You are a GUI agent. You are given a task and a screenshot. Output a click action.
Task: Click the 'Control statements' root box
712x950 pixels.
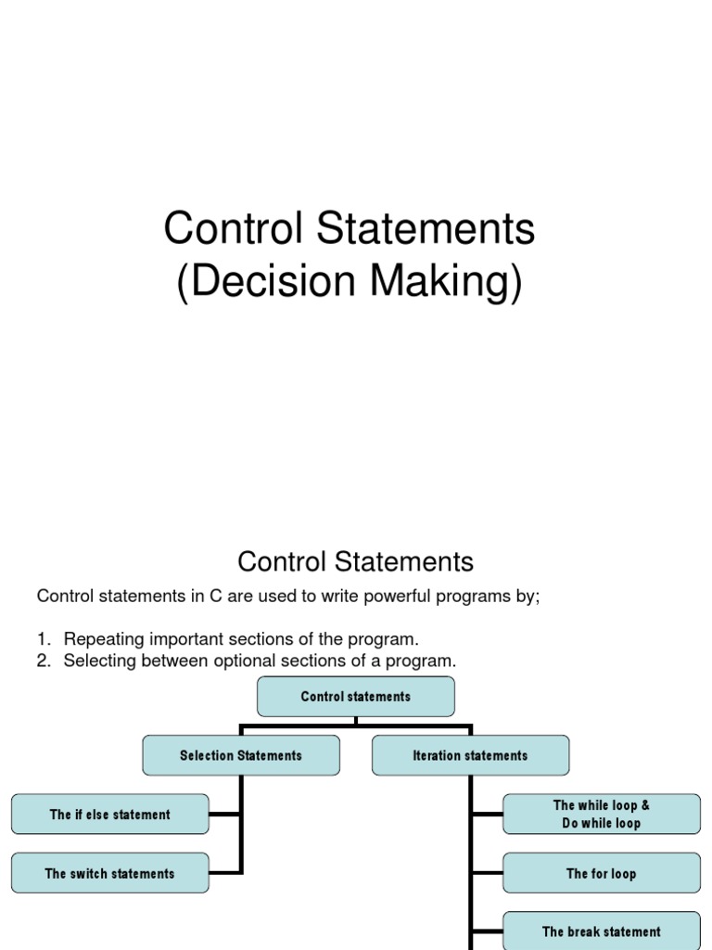click(356, 697)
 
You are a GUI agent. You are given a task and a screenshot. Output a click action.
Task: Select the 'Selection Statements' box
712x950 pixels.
click(241, 756)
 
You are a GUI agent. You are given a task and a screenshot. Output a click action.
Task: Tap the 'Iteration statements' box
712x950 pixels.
click(470, 756)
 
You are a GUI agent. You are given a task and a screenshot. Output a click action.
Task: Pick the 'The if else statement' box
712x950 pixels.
click(110, 815)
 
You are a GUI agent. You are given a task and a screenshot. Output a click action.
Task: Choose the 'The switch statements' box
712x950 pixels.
click(110, 874)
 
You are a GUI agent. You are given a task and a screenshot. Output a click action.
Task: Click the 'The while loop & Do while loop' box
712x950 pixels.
click(602, 815)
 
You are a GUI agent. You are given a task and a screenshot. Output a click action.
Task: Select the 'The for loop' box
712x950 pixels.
click(602, 874)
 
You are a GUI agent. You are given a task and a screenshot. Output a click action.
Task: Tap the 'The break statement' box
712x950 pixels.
click(602, 931)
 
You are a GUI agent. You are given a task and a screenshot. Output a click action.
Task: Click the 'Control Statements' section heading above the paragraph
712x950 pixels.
click(355, 562)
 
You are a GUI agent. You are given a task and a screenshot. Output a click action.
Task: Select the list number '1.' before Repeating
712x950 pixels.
click(44, 640)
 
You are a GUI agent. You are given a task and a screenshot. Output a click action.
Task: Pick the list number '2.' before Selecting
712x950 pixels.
click(44, 661)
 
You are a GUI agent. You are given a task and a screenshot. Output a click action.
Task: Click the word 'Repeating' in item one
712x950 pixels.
click(98, 640)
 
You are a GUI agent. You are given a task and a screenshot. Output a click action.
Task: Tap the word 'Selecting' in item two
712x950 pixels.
click(97, 661)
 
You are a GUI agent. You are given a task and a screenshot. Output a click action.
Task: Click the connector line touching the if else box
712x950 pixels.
click(225, 815)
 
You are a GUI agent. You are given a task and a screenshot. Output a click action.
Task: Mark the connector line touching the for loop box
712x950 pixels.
click(487, 874)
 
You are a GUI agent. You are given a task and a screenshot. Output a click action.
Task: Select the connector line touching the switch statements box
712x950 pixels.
click(225, 873)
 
